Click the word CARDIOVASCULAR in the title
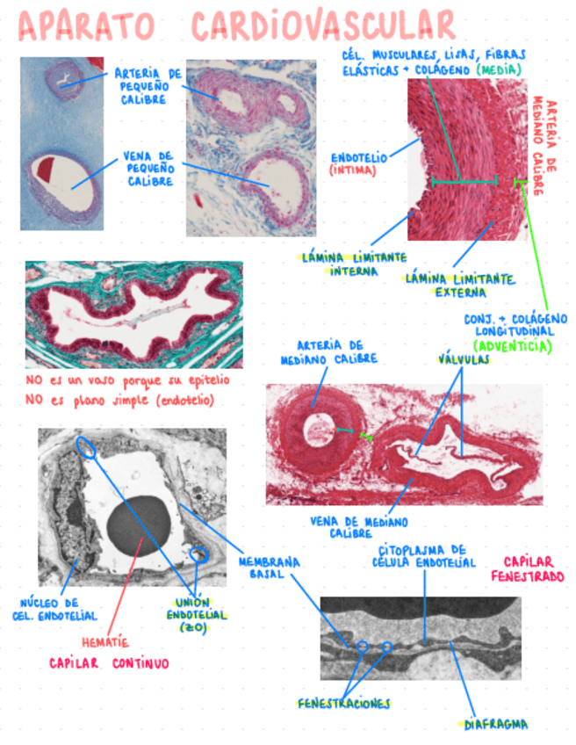(324, 26)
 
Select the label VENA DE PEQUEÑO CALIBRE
(150, 167)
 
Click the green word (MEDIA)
(498, 69)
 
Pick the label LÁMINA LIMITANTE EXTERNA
(459, 286)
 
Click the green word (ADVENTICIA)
(513, 346)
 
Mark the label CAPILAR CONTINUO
(109, 664)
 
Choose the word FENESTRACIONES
(343, 704)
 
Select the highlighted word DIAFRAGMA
(496, 724)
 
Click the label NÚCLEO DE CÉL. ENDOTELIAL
(58, 610)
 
